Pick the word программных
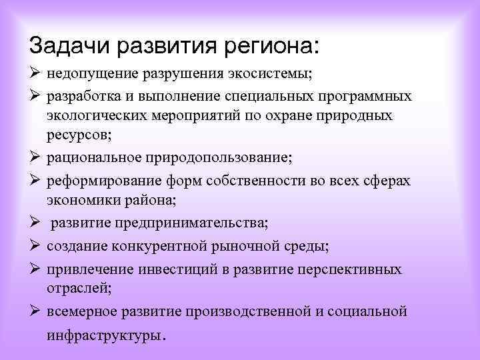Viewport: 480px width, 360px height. (x=365, y=97)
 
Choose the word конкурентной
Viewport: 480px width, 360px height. (x=157, y=247)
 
